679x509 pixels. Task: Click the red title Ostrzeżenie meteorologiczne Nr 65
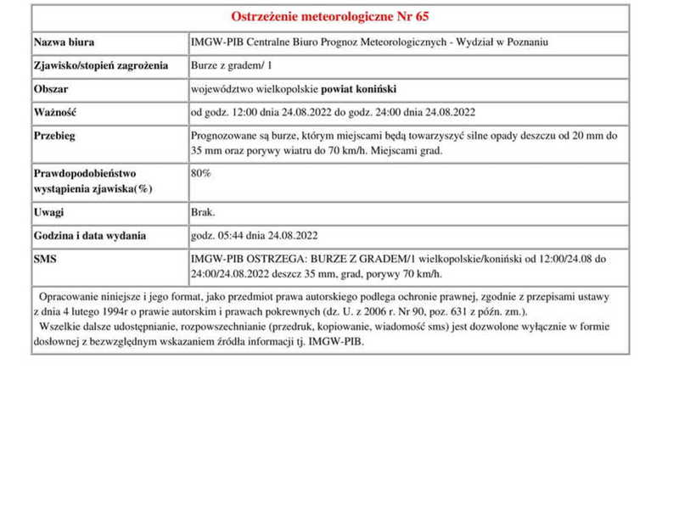[330, 17]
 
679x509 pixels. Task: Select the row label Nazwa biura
[65, 42]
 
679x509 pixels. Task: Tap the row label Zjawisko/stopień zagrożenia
[101, 65]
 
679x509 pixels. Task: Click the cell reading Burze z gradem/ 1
[230, 65]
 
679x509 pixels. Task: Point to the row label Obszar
[51, 88]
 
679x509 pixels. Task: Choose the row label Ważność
[56, 112]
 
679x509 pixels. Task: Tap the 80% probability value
[202, 173]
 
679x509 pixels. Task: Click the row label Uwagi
[49, 212]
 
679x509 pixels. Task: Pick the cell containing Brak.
[204, 212]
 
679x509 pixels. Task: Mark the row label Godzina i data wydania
[90, 236]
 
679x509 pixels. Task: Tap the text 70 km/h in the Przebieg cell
[344, 151]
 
